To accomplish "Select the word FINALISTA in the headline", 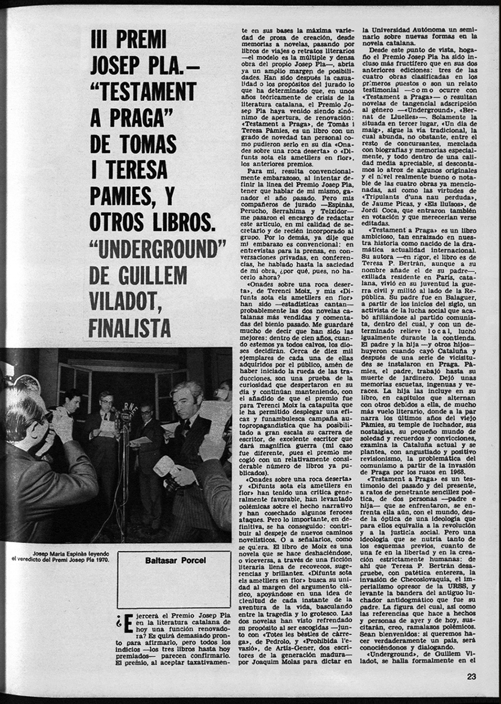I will point(130,329).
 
